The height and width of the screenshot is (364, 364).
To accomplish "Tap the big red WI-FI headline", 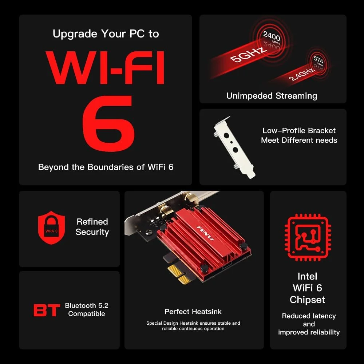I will pos(106,68).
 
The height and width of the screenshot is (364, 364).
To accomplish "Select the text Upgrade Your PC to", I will pos(106,34).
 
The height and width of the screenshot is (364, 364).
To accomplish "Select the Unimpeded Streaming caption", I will pos(272,96).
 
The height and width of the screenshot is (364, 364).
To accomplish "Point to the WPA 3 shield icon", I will pos(51,227).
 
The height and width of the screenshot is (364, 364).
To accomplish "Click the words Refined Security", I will pos(92,227).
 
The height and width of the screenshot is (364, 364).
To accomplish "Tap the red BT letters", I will pos(47,310).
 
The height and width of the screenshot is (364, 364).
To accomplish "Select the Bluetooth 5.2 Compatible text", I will pos(87,309).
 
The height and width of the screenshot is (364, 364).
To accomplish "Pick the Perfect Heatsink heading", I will pos(193,312).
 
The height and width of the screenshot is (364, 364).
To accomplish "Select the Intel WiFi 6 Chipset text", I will pos(308,288).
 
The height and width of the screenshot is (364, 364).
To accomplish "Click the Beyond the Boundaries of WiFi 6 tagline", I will pos(106,167).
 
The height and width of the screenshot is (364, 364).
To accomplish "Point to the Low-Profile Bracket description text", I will pos(299,135).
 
